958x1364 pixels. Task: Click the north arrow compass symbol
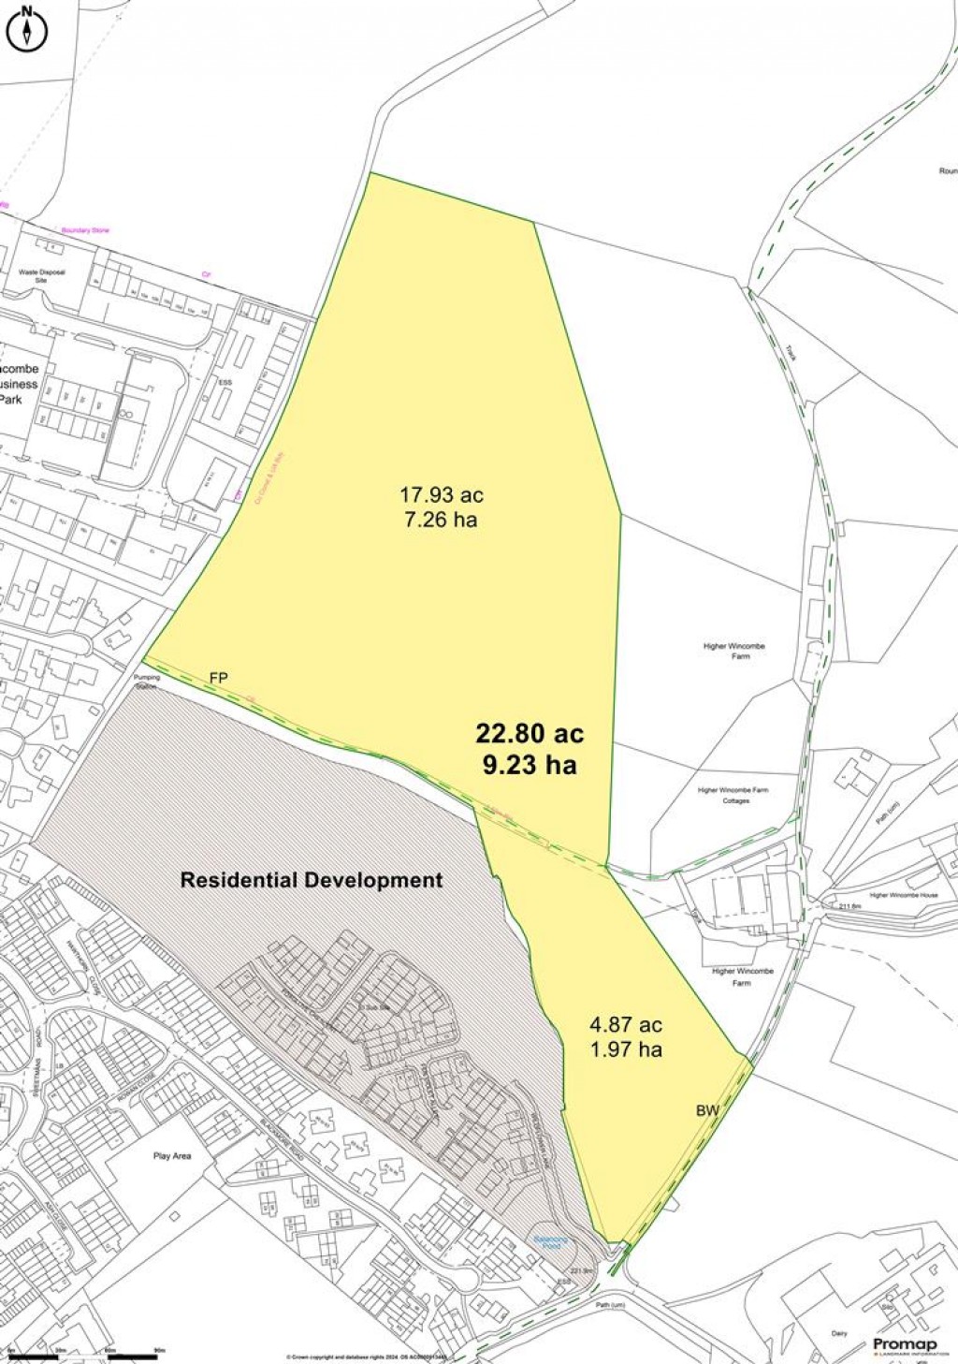pyautogui.click(x=28, y=29)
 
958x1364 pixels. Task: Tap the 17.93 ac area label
pyautogui.click(x=442, y=494)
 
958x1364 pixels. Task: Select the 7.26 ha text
pyautogui.click(x=441, y=520)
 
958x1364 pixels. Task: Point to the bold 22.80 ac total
pyautogui.click(x=530, y=733)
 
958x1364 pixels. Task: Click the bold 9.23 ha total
pyautogui.click(x=530, y=765)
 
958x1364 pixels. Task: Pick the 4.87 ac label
pyautogui.click(x=626, y=1024)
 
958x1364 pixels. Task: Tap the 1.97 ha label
pyautogui.click(x=626, y=1049)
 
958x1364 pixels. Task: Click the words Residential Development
pyautogui.click(x=312, y=880)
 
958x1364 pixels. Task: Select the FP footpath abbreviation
pyautogui.click(x=219, y=678)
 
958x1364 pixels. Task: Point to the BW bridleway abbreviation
pyautogui.click(x=707, y=1110)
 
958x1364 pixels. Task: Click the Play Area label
pyautogui.click(x=172, y=1156)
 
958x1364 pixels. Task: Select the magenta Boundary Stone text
pyautogui.click(x=85, y=230)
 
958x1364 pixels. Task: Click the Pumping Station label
pyautogui.click(x=147, y=681)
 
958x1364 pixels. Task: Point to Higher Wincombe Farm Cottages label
pyautogui.click(x=733, y=795)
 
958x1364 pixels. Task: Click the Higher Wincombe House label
pyautogui.click(x=904, y=895)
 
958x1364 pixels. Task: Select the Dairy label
pyautogui.click(x=838, y=1333)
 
